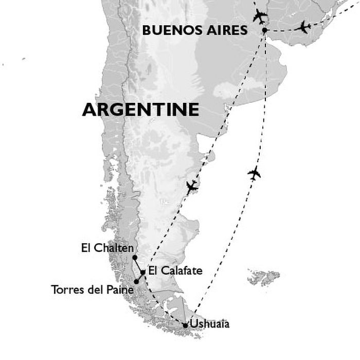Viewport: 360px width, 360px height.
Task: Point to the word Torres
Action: [x=66, y=290]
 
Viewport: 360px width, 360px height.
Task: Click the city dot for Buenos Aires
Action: [x=264, y=30]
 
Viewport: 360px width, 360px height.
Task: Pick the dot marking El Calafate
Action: [x=143, y=272]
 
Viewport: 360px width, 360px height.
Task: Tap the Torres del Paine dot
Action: [x=136, y=281]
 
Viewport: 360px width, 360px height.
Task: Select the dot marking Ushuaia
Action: [x=185, y=325]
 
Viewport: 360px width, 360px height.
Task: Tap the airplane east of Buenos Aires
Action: [x=304, y=27]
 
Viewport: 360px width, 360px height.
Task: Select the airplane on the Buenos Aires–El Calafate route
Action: [x=192, y=187]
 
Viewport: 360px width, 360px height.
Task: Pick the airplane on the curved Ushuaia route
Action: [x=254, y=173]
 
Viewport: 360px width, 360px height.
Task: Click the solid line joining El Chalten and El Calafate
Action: [x=138, y=264]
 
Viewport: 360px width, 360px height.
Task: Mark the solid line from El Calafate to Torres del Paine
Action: [x=139, y=277]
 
